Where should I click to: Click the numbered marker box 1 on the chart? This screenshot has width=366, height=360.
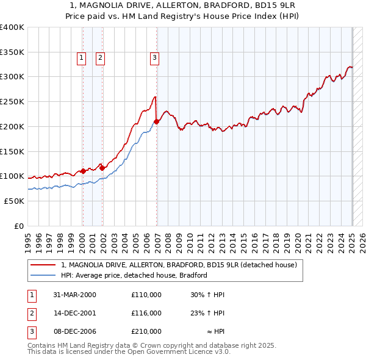[81, 58]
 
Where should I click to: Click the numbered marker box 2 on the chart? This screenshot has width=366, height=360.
[100, 58]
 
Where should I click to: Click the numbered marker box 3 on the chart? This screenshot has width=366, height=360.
[154, 58]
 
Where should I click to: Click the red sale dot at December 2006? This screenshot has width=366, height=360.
[156, 121]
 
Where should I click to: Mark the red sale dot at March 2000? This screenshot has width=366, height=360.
[83, 171]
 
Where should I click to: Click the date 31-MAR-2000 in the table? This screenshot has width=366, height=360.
[75, 295]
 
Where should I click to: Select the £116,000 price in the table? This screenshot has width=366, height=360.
[146, 313]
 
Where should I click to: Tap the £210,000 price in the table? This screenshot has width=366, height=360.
[146, 331]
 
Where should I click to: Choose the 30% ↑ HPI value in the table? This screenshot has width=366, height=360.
[207, 295]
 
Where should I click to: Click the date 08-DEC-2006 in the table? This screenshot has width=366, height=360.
[75, 331]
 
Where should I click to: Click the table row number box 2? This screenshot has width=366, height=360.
[30, 313]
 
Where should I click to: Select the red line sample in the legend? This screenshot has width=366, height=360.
[43, 265]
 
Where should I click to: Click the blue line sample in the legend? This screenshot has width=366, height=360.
[43, 275]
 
